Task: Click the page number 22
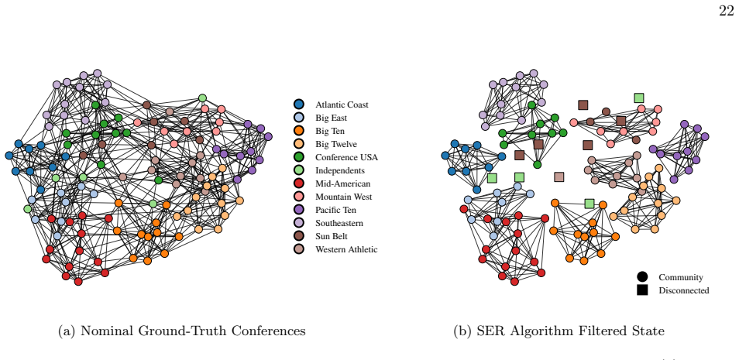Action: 727,11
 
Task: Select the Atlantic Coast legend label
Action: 342,105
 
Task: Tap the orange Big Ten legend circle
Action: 299,131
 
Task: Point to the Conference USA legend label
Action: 346,157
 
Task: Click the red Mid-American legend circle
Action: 299,183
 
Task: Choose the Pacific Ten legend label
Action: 336,210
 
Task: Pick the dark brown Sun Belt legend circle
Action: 299,237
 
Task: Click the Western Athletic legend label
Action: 346,250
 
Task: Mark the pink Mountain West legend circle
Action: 299,197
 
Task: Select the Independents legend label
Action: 340,170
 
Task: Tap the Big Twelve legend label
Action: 336,144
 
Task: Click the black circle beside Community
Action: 642,277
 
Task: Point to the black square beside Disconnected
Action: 642,290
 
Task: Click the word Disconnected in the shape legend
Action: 684,291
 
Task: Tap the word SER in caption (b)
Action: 488,331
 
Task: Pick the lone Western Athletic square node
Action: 559,177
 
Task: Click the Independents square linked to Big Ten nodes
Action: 589,204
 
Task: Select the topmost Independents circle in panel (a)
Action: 202,98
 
